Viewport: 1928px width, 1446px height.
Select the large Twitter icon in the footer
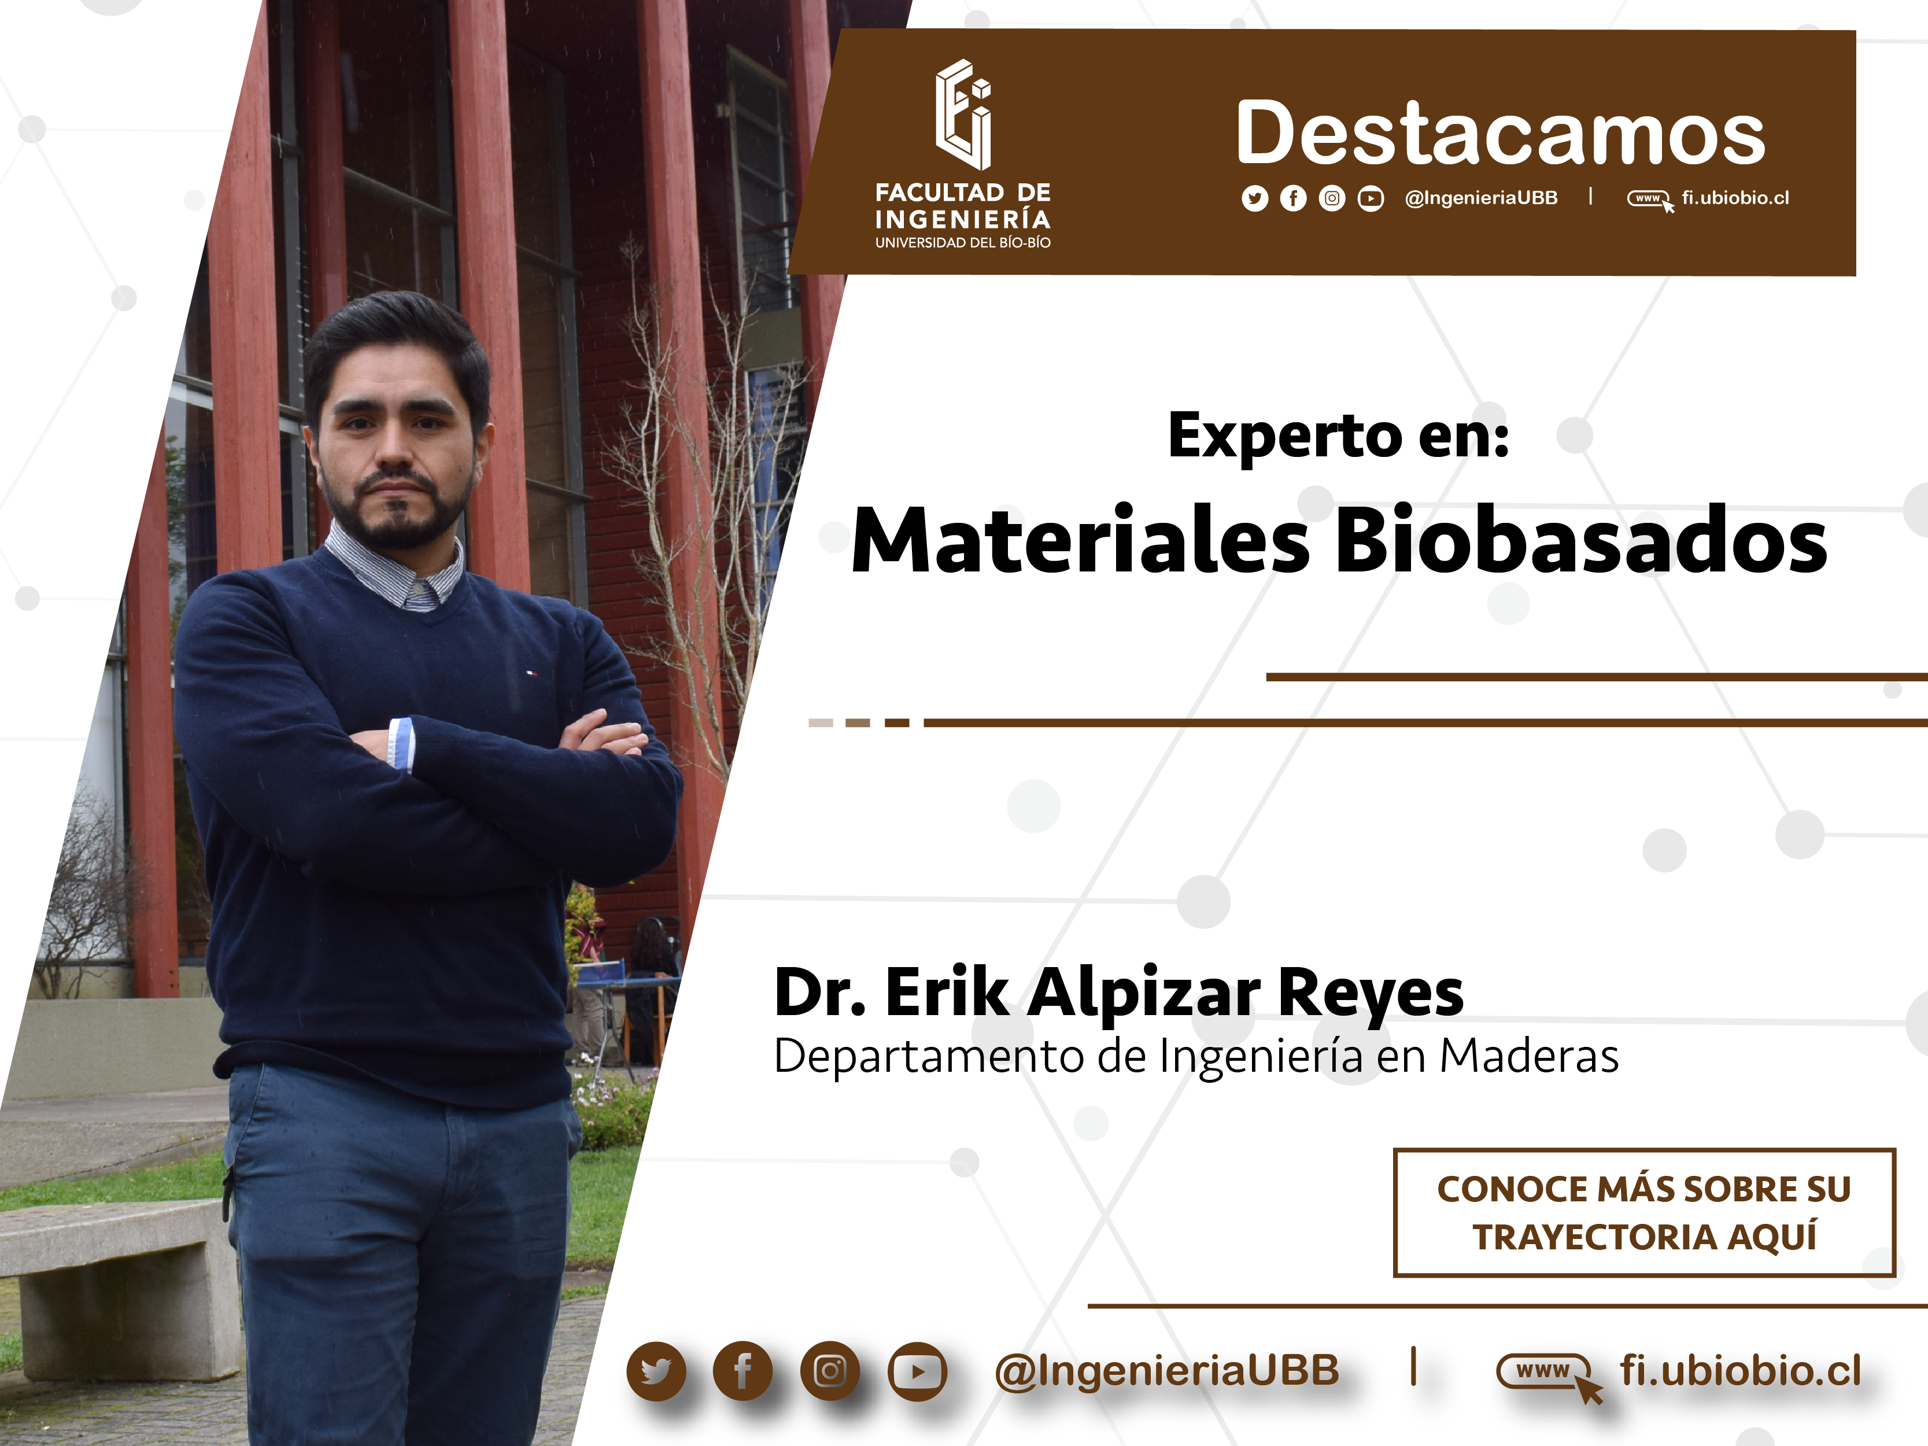[x=655, y=1371]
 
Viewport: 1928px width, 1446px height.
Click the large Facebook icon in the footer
[x=743, y=1371]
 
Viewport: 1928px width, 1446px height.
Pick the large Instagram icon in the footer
[x=830, y=1371]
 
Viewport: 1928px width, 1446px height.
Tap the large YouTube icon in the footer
[x=917, y=1371]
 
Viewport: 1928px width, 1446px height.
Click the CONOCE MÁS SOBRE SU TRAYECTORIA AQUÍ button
[x=1644, y=1212]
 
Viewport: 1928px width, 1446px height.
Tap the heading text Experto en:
[x=1338, y=436]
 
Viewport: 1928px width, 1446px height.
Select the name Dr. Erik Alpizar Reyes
[x=1119, y=993]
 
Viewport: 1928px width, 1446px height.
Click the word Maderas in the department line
[x=1529, y=1056]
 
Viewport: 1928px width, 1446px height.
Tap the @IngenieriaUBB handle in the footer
[x=1167, y=1371]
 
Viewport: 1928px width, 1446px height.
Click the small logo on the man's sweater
[x=531, y=672]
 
